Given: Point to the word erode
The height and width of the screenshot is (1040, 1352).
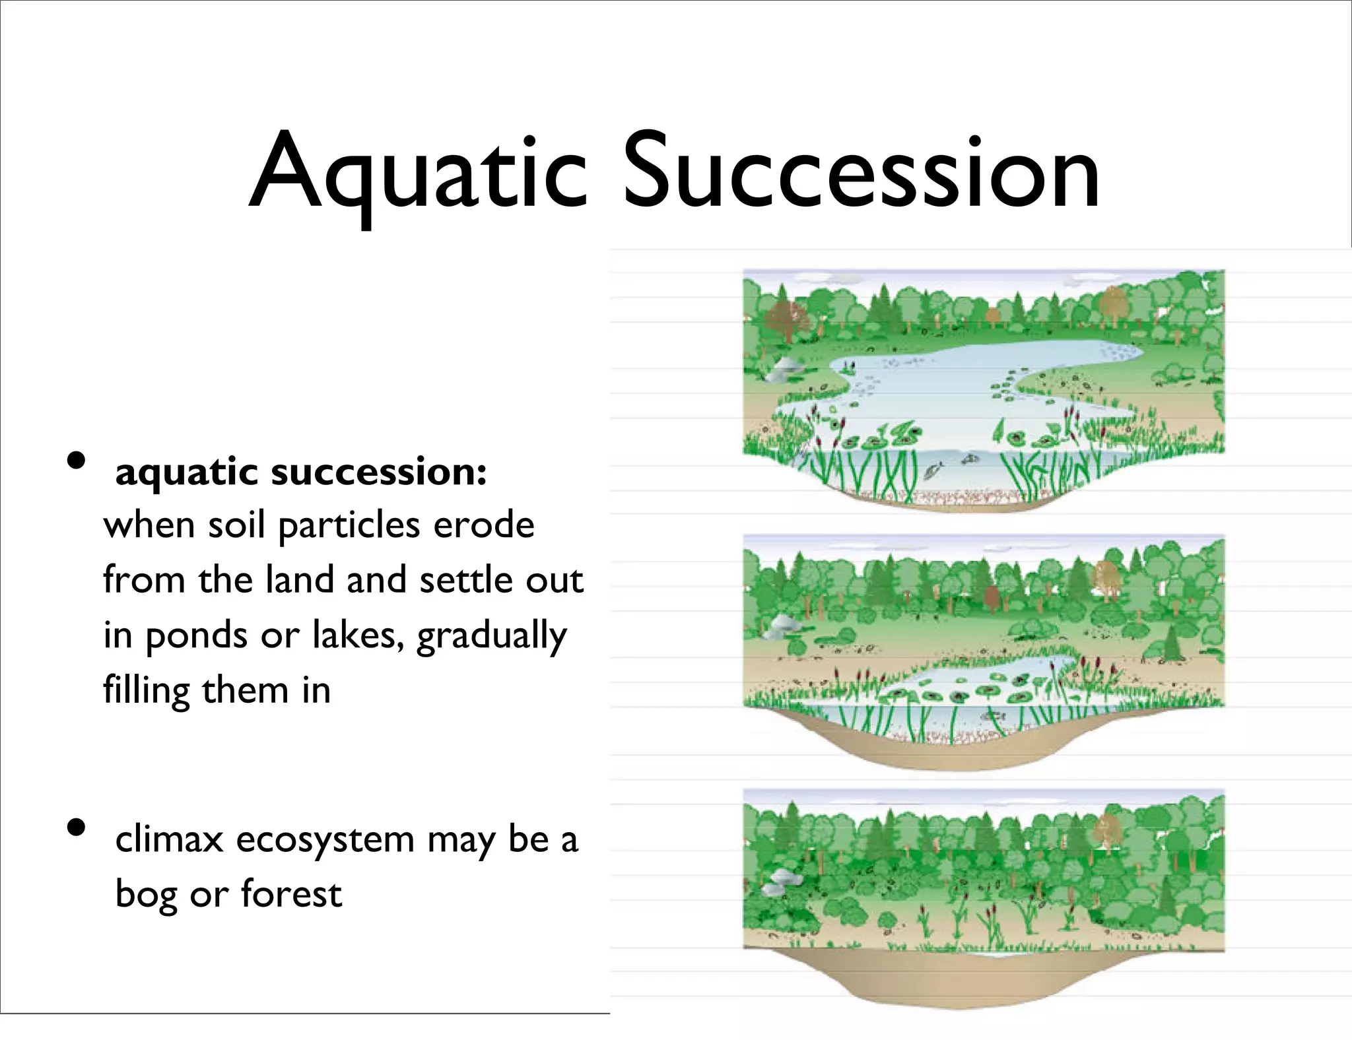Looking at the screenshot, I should [x=483, y=526].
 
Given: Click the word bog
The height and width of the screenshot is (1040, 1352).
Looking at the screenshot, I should [x=146, y=895].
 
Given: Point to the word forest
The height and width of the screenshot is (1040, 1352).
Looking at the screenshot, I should [x=291, y=894].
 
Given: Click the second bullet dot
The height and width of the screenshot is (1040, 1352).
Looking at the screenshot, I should [x=77, y=827].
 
